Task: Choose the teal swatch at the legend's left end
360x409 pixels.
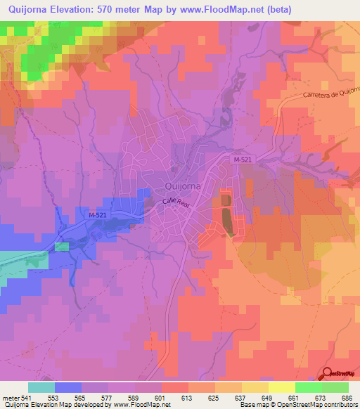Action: point(41,387)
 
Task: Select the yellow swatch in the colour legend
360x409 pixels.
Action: point(281,387)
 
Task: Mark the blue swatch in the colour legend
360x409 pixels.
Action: point(68,387)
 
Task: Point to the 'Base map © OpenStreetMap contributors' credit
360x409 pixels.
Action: point(298,405)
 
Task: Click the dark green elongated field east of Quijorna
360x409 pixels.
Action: point(226,216)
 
